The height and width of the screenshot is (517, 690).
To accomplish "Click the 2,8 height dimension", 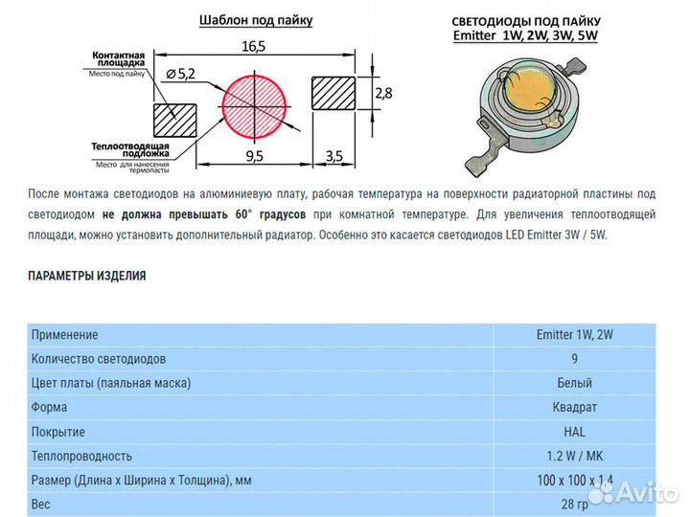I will point(382,93).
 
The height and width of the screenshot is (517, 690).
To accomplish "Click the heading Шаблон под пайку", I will point(256,19).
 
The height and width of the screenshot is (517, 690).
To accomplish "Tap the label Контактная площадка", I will point(117,62).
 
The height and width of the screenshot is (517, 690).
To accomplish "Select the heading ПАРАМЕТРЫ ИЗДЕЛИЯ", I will point(87,276).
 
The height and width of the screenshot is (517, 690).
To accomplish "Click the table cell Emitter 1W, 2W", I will point(574,335).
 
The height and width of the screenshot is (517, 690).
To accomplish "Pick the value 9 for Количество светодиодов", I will point(574,359).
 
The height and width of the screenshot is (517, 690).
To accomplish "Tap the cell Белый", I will point(574,383).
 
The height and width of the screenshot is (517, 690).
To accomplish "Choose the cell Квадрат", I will point(574,408).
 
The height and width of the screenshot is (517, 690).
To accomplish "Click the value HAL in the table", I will point(574,432).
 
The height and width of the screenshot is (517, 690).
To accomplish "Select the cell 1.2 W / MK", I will point(574,456).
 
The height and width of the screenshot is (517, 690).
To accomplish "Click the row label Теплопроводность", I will point(81,456).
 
